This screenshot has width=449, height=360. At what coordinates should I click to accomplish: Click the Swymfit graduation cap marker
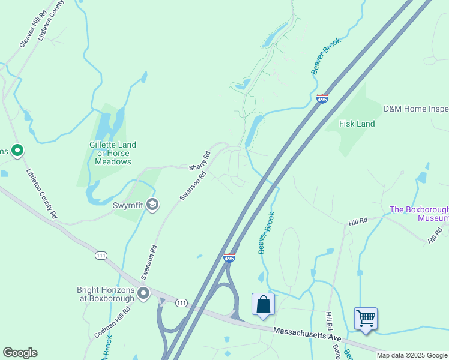click(x=152, y=205)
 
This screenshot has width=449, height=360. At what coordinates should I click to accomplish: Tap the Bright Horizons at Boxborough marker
click(x=143, y=293)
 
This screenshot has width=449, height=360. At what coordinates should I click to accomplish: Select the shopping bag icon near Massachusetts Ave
click(x=263, y=304)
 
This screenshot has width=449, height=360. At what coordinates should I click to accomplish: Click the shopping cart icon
click(x=365, y=318)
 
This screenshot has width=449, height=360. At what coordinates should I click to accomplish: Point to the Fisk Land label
click(x=357, y=124)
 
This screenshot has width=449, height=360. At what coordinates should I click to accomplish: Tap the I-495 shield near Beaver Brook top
click(x=322, y=98)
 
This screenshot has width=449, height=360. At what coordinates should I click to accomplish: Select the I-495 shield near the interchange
click(x=229, y=257)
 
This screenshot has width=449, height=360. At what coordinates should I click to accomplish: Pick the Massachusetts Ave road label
click(x=307, y=334)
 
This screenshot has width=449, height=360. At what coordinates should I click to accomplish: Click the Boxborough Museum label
click(x=419, y=214)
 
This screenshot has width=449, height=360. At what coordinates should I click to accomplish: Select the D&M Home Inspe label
click(x=416, y=109)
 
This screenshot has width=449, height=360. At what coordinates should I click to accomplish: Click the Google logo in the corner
click(x=20, y=353)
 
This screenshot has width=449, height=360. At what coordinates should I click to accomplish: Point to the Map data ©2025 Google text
click(x=412, y=355)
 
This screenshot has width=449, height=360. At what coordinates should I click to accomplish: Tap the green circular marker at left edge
click(x=17, y=150)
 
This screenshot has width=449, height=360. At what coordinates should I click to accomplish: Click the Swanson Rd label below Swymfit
click(x=149, y=262)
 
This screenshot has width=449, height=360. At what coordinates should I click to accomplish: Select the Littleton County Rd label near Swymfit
click(x=41, y=193)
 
